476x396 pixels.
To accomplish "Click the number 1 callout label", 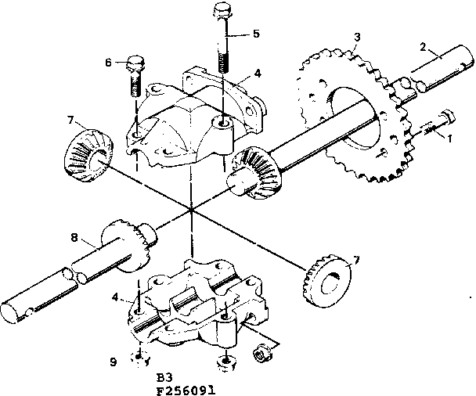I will click(x=450, y=139).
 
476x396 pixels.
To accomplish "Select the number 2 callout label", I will click(x=424, y=46).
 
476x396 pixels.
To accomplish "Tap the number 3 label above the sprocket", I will click(x=356, y=37).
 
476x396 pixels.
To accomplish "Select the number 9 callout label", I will click(x=114, y=361).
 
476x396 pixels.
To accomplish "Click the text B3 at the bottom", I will click(x=164, y=374).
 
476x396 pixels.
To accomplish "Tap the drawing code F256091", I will click(x=186, y=387).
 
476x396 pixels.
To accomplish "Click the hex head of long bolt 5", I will click(x=220, y=13).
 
